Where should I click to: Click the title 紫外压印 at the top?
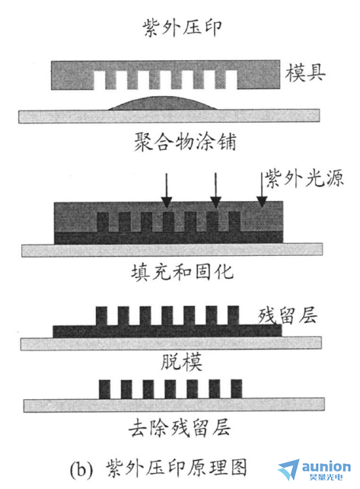coord(182,28)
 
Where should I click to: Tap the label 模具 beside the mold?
coord(305,73)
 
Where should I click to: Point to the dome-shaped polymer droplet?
coord(163,104)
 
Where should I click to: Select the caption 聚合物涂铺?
coord(185,142)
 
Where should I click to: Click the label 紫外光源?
coord(304,178)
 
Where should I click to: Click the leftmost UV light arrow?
coord(167,190)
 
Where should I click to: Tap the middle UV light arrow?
coord(215,190)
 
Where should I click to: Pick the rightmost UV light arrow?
coord(262,190)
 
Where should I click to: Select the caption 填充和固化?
coord(182,272)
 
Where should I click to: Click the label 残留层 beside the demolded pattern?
coord(288,315)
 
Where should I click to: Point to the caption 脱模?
coord(181,362)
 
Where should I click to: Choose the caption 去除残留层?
coord(180,427)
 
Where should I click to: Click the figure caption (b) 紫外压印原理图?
coord(158,468)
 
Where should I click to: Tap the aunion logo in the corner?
coord(314,469)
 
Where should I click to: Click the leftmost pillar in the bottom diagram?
coord(105,389)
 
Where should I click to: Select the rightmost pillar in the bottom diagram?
coord(237,389)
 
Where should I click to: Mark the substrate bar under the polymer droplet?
coord(169,116)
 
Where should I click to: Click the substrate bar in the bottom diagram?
coord(174,405)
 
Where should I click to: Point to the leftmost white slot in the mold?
coord(100,80)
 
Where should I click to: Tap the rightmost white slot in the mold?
coord(231,80)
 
